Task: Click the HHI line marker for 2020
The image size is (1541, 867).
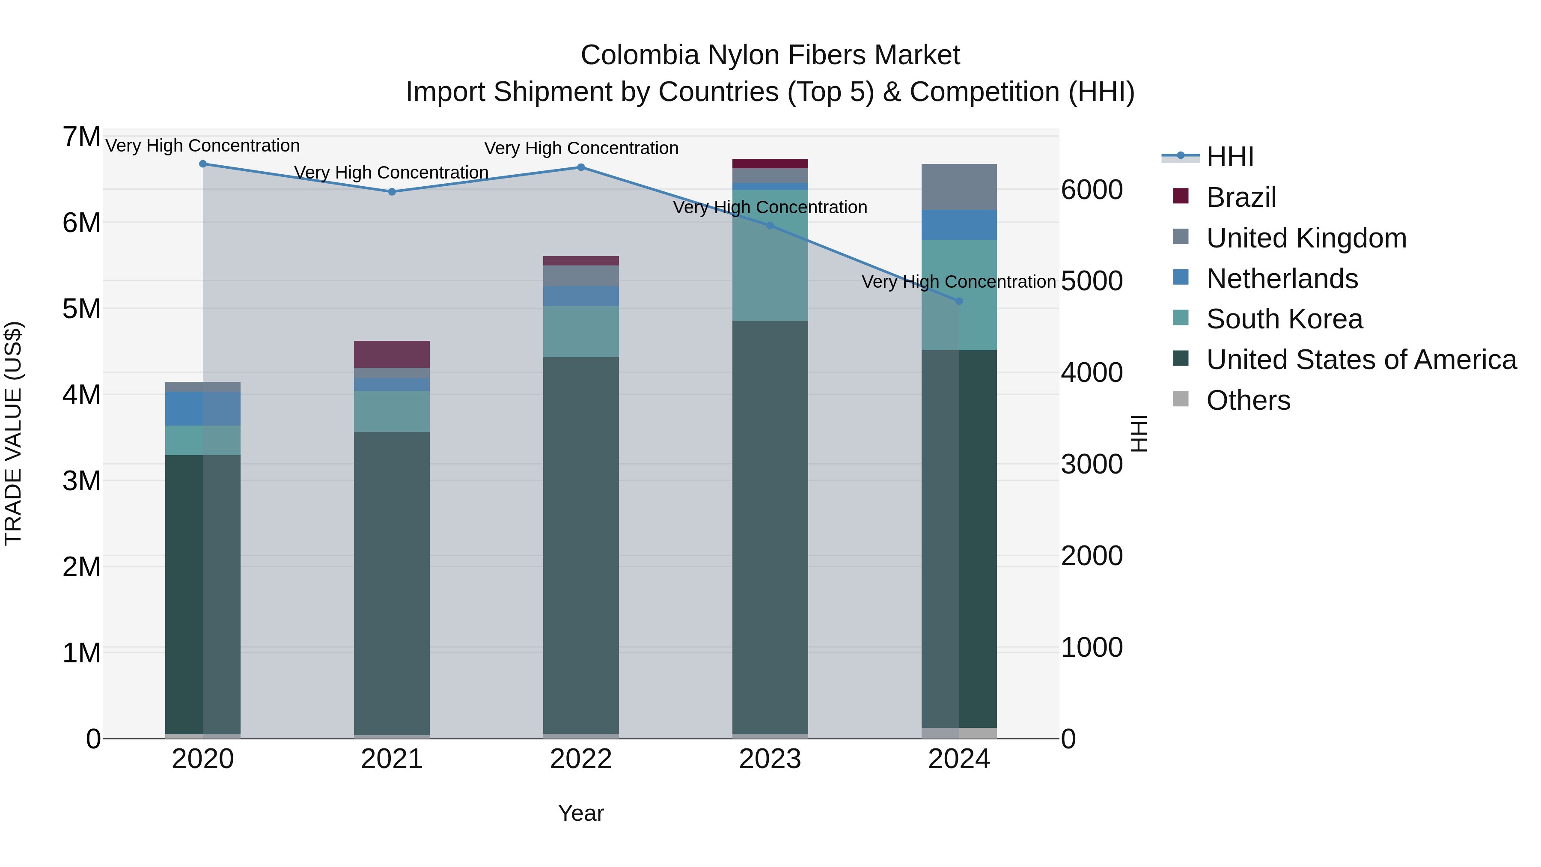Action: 203,164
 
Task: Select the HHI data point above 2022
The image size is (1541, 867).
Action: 581,167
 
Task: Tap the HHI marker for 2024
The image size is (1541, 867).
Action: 959,301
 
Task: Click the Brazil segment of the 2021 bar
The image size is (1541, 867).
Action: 392,354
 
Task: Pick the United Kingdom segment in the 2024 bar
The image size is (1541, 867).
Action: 959,187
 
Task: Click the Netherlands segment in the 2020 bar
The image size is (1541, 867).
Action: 203,409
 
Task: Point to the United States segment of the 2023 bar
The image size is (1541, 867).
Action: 770,527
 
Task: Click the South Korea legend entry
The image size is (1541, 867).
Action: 1284,319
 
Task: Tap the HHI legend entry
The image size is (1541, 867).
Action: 1229,157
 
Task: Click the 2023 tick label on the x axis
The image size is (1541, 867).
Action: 770,759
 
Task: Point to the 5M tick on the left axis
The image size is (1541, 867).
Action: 81,310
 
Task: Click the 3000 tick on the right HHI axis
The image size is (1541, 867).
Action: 1092,464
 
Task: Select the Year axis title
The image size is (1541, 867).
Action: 581,813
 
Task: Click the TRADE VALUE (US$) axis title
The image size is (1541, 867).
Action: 13,433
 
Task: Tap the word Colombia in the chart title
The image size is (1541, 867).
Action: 640,55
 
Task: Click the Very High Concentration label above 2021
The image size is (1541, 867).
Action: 392,172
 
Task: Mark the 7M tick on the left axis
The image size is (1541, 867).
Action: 81,137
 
